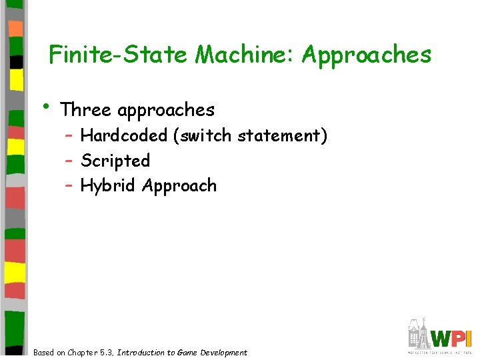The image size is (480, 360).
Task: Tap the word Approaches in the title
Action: pyautogui.click(x=367, y=55)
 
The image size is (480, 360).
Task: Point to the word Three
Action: pyautogui.click(x=85, y=109)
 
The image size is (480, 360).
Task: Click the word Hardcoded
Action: pyautogui.click(x=123, y=136)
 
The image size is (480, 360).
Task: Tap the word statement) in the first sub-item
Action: pyautogui.click(x=282, y=136)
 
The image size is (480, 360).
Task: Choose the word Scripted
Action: pyautogui.click(x=115, y=161)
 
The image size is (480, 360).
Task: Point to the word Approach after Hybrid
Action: pyautogui.click(x=179, y=186)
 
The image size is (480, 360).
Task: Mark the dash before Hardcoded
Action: pyautogui.click(x=69, y=136)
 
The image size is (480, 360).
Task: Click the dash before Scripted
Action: pyautogui.click(x=69, y=161)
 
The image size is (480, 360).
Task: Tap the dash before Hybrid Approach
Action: pyautogui.click(x=69, y=185)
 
